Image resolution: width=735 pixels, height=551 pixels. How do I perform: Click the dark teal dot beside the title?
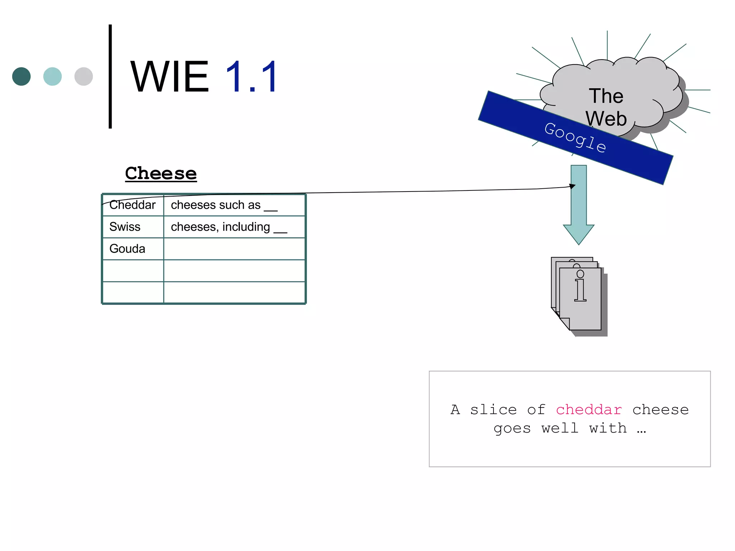tap(22, 76)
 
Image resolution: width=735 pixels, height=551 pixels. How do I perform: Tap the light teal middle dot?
tap(52, 76)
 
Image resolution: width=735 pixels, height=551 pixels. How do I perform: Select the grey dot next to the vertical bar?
tap(84, 76)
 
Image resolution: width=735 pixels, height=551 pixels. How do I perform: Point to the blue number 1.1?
tap(252, 77)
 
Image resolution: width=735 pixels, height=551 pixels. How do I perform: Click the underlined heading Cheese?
tap(161, 174)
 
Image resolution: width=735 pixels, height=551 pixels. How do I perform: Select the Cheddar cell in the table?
tap(132, 205)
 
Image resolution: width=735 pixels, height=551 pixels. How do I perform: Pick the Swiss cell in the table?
tap(125, 227)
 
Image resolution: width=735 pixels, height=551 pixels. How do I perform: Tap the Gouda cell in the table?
tap(127, 249)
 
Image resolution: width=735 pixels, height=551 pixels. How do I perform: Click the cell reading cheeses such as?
tap(224, 205)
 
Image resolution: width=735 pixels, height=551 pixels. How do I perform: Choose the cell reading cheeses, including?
tap(229, 227)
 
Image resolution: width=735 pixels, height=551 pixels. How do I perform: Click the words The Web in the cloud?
tap(606, 107)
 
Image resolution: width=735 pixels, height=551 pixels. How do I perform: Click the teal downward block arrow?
tap(579, 204)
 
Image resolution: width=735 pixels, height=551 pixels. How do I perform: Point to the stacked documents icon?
tap(579, 296)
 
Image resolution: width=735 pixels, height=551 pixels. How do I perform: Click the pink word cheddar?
tap(589, 410)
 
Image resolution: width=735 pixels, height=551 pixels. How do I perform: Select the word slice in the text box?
tap(493, 410)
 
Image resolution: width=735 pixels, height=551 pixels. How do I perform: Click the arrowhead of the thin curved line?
tap(573, 186)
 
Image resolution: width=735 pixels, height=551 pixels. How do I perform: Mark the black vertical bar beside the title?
tap(110, 76)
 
